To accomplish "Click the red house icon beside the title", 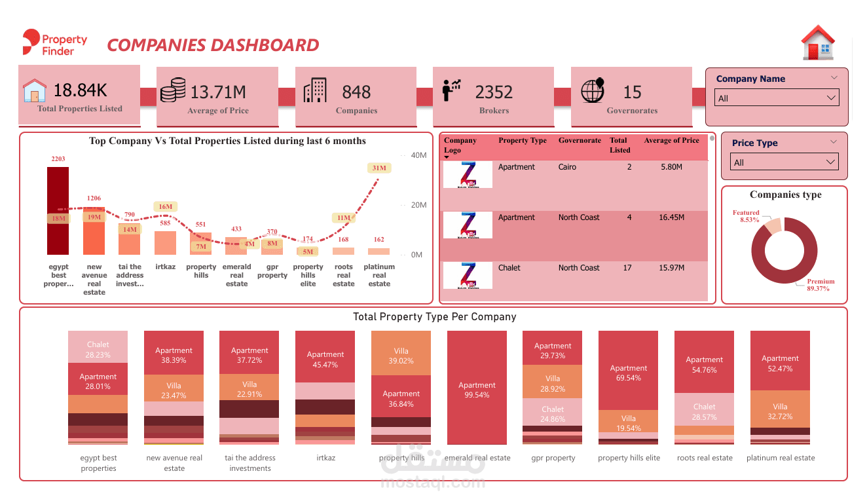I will click(x=818, y=43).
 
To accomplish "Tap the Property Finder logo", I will click(x=54, y=43).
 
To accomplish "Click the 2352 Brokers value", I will click(x=494, y=92).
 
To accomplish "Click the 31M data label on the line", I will click(x=379, y=168).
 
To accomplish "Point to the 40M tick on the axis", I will click(x=418, y=155).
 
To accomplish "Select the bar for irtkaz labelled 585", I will click(x=165, y=243).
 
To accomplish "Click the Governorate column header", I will click(x=580, y=141).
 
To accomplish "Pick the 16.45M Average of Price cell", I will click(x=671, y=217).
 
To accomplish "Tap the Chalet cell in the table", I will click(x=509, y=268).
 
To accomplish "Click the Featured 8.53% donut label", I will click(x=746, y=216).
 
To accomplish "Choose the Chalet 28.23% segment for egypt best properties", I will click(x=98, y=349).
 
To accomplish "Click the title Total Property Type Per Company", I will click(x=434, y=317).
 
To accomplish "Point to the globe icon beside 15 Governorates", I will click(x=592, y=91).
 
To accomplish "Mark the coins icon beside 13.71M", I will click(x=173, y=90).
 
